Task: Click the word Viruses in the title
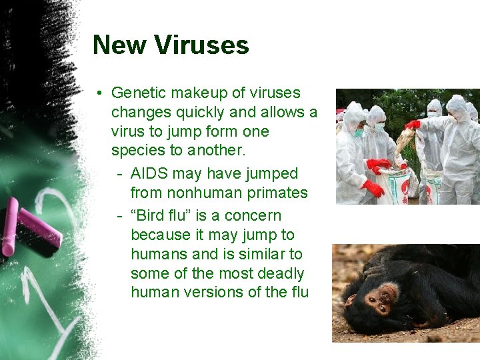coord(201,45)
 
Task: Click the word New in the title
coord(120,45)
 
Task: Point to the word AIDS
coord(149,174)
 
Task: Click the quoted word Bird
coord(148,216)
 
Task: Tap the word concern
coord(253,216)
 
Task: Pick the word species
coord(137,151)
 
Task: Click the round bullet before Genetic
coord(99,93)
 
